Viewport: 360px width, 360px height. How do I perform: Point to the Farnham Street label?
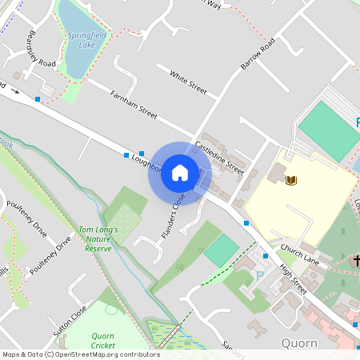[134, 104]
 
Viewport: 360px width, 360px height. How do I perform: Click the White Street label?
[188, 80]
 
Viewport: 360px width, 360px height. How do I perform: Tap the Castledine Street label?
[220, 155]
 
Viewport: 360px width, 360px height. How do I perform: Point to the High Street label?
[293, 281]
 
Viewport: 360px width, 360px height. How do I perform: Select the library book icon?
[291, 180]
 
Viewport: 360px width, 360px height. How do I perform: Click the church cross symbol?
[356, 260]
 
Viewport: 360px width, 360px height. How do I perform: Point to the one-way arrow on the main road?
[14, 91]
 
